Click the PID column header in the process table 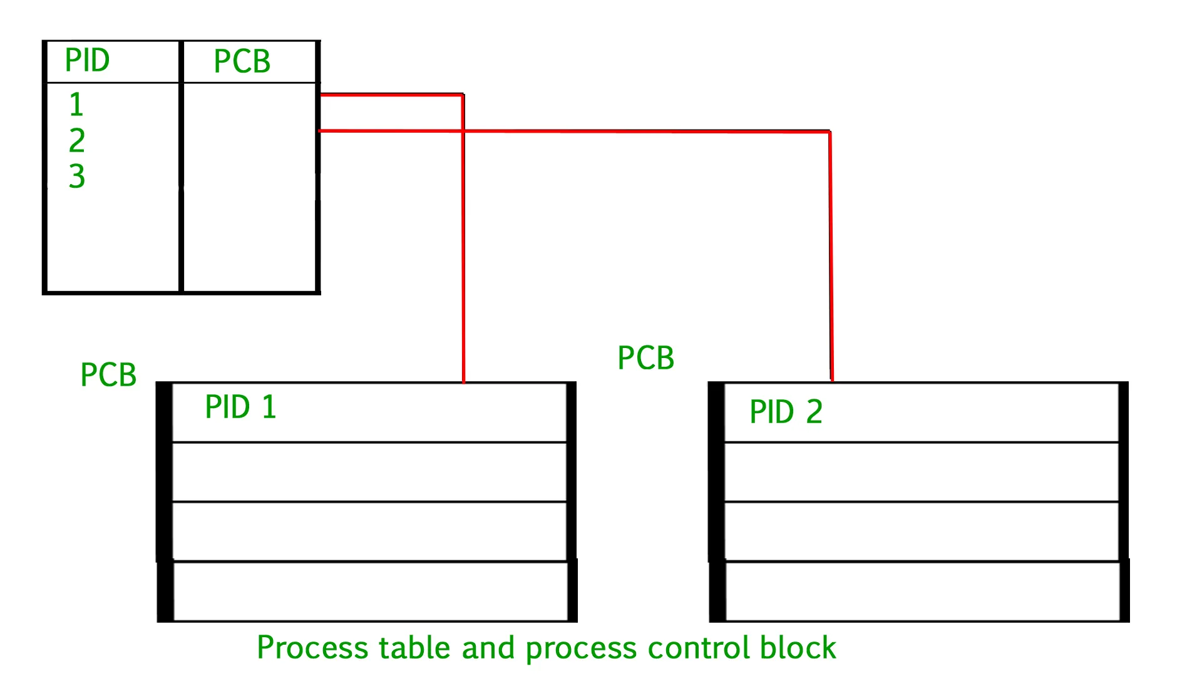click(87, 61)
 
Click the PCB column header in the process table click(242, 61)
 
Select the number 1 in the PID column click(76, 105)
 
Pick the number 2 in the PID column click(76, 140)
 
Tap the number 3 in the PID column click(76, 176)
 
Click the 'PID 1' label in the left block click(240, 407)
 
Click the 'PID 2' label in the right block click(786, 412)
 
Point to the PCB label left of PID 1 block click(108, 375)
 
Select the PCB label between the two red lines click(645, 358)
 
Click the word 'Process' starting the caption click(312, 648)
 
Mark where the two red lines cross click(463, 131)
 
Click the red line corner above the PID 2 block click(830, 132)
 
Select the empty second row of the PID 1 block click(369, 472)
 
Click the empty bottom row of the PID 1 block click(369, 591)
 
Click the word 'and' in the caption click(488, 648)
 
